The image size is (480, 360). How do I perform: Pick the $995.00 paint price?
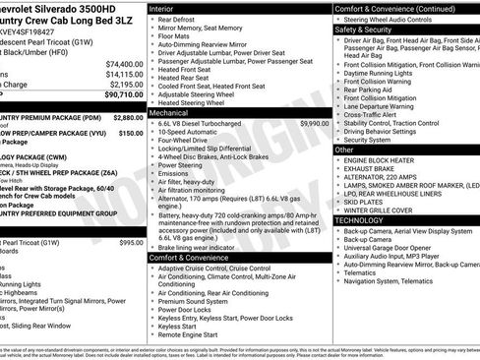pyautogui.click(x=130, y=242)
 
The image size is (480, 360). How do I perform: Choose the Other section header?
pyautogui.click(x=345, y=150)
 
